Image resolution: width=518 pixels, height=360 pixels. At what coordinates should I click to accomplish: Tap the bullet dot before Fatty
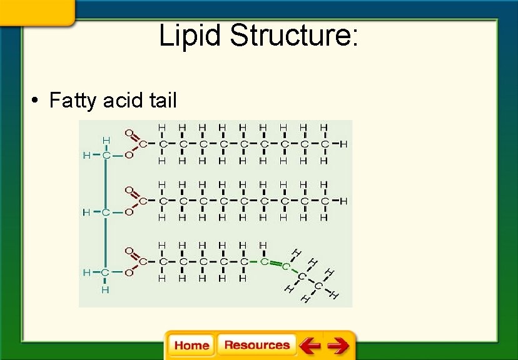pyautogui.click(x=37, y=101)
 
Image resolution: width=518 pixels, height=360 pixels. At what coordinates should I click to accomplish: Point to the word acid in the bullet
pyautogui.click(x=121, y=101)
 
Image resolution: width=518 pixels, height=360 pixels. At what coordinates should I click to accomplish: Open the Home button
pyautogui.click(x=191, y=346)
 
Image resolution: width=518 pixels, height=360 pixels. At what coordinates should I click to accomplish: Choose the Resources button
pyautogui.click(x=256, y=345)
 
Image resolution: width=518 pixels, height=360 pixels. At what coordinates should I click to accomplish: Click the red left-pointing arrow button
pyautogui.click(x=309, y=346)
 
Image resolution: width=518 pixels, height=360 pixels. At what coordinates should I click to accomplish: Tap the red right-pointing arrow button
pyautogui.click(x=338, y=346)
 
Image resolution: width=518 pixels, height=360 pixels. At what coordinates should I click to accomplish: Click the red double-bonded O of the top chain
pyautogui.click(x=129, y=133)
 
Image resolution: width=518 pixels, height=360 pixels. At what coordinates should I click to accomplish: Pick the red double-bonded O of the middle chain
pyautogui.click(x=129, y=190)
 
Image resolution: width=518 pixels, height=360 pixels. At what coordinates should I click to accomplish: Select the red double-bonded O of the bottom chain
pyautogui.click(x=129, y=251)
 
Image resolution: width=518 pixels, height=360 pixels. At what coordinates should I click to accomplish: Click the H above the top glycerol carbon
pyautogui.click(x=106, y=140)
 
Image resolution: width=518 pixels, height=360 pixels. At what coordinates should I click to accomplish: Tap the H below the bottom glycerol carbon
pyautogui.click(x=105, y=290)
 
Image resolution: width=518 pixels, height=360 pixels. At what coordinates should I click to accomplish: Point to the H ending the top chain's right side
pyautogui.click(x=343, y=144)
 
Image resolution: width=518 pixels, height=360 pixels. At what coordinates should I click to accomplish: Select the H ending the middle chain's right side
pyautogui.click(x=343, y=201)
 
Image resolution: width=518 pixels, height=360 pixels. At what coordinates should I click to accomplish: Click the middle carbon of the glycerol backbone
pyautogui.click(x=105, y=212)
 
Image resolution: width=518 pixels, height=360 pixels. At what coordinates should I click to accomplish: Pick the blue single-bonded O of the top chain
pyautogui.click(x=129, y=155)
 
